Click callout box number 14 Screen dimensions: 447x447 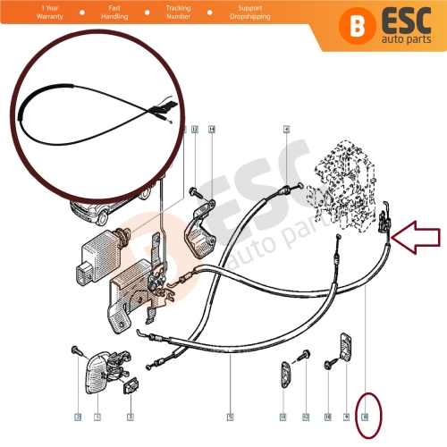[212, 130]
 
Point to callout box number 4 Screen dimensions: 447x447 [286, 130]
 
